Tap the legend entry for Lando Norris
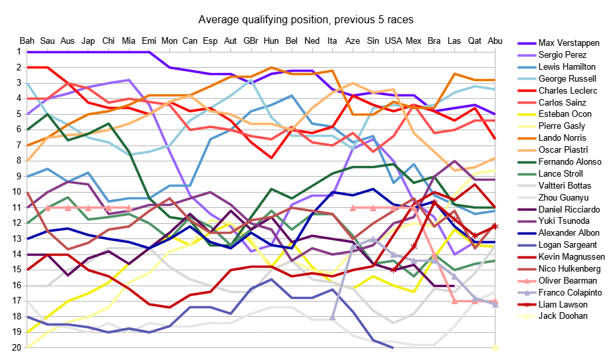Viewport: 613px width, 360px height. point(561,138)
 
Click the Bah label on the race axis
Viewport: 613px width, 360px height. point(27,41)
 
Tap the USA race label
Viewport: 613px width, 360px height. point(393,41)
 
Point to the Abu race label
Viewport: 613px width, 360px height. point(495,41)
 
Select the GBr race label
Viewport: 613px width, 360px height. point(251,41)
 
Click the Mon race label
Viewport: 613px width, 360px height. point(169,41)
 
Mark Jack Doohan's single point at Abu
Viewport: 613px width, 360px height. point(495,347)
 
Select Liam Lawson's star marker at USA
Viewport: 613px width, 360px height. point(393,270)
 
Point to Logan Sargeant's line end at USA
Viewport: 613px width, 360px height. point(393,347)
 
